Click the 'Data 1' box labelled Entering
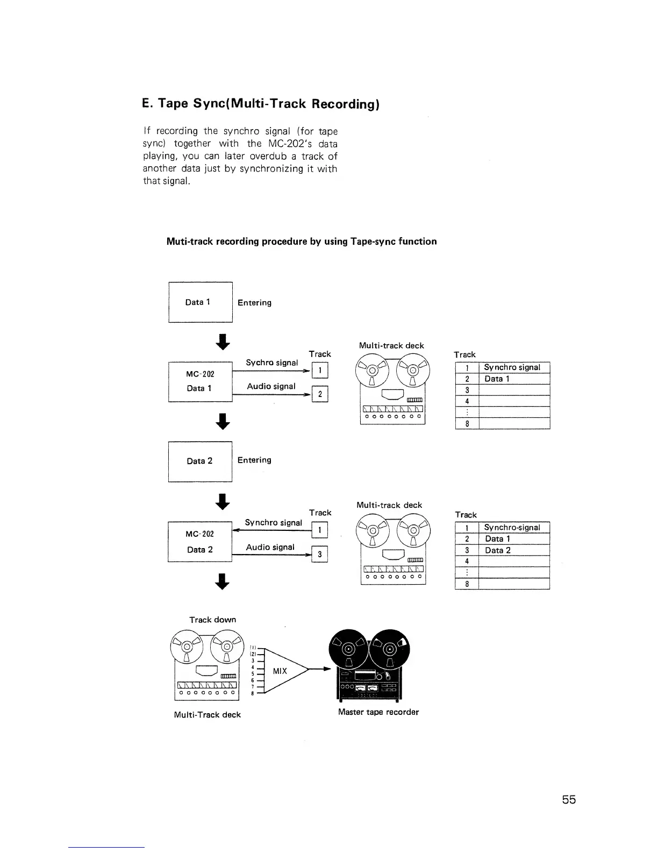point(200,302)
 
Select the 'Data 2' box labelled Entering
point(200,461)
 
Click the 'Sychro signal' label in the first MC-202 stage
point(271,363)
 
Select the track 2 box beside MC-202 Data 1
point(320,394)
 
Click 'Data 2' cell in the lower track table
point(498,550)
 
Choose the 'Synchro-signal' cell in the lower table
point(512,528)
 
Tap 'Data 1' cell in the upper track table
point(493,379)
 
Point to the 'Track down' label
point(212,620)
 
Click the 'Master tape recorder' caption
point(378,712)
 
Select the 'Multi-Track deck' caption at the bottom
point(208,715)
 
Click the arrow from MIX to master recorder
point(320,671)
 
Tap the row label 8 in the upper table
point(467,423)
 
